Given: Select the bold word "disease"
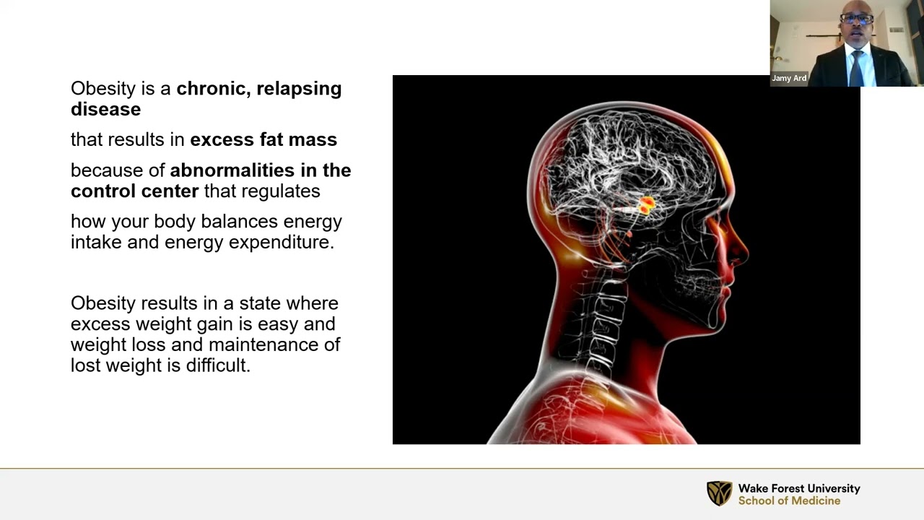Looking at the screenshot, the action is click(x=105, y=109).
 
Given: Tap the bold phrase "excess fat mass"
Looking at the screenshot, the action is click(x=263, y=139).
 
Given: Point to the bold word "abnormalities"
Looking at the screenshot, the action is click(x=232, y=170).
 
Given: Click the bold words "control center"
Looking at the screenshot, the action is click(x=135, y=191).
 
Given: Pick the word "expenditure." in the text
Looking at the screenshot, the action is click(x=282, y=242).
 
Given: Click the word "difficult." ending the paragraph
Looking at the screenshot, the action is click(x=218, y=365).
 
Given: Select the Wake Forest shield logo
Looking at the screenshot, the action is click(x=720, y=493).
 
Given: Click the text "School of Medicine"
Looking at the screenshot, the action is click(x=789, y=501).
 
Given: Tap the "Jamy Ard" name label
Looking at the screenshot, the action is click(x=789, y=78).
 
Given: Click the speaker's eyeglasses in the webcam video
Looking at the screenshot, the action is click(x=856, y=19).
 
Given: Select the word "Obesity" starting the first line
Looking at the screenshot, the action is click(x=103, y=89).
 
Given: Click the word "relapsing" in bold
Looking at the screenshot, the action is click(x=299, y=89).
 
